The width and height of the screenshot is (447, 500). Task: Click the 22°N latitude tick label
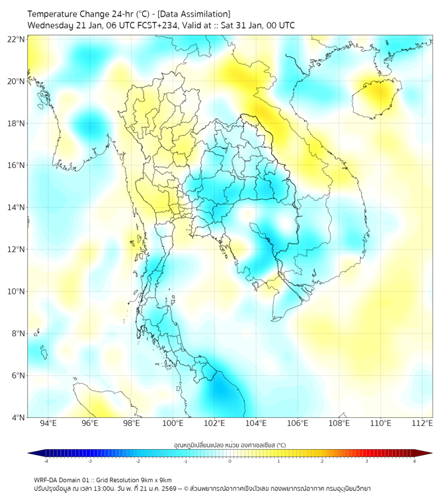16,39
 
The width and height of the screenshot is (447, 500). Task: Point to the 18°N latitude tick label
16,124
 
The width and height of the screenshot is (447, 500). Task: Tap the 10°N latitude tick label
16,292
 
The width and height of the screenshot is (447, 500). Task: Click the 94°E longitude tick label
48,423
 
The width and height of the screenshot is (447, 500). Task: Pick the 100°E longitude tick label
173,423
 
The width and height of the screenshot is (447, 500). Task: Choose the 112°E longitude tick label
423,423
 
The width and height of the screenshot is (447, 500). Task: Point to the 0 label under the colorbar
230,462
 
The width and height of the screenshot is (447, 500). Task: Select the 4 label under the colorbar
414,462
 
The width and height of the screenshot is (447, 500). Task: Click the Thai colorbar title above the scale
229,444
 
